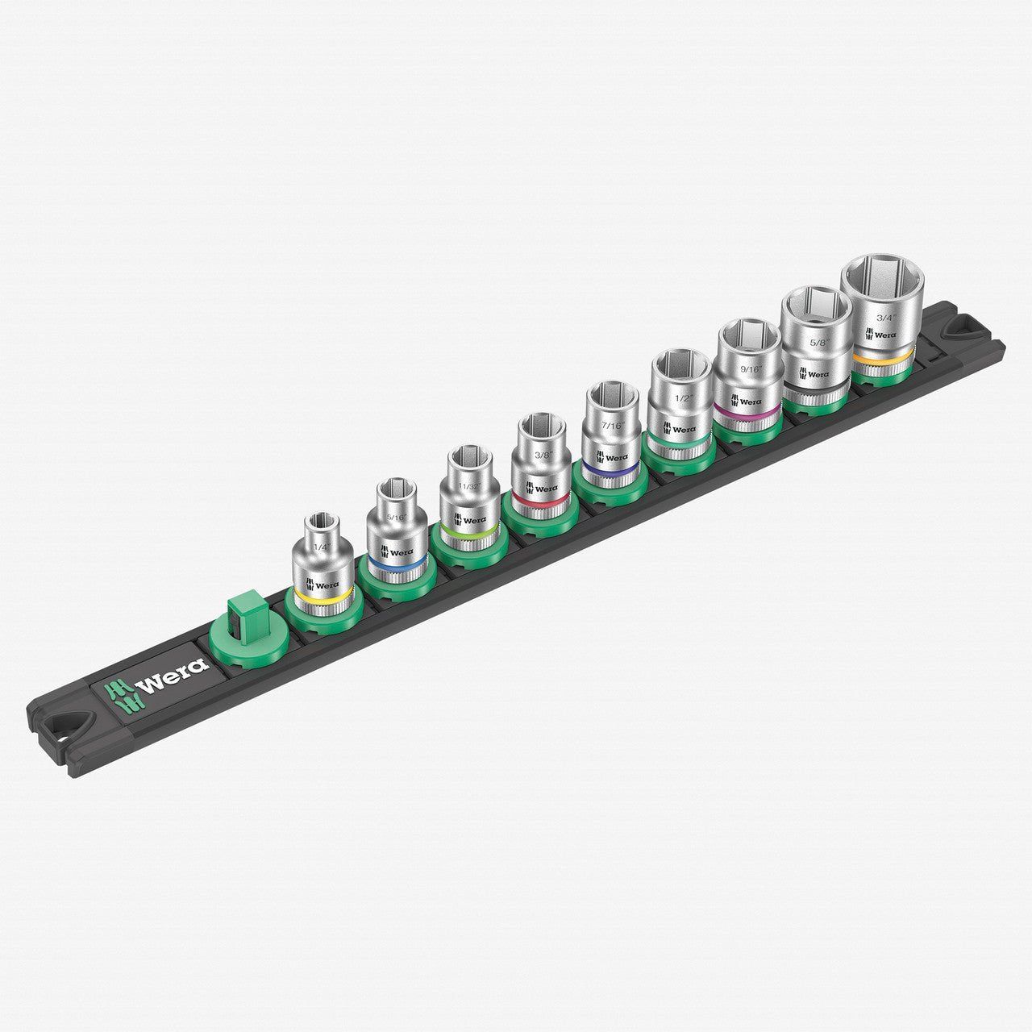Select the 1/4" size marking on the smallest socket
pos(322,547)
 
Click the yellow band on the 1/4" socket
pos(322,597)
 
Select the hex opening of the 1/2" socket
pos(681,364)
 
